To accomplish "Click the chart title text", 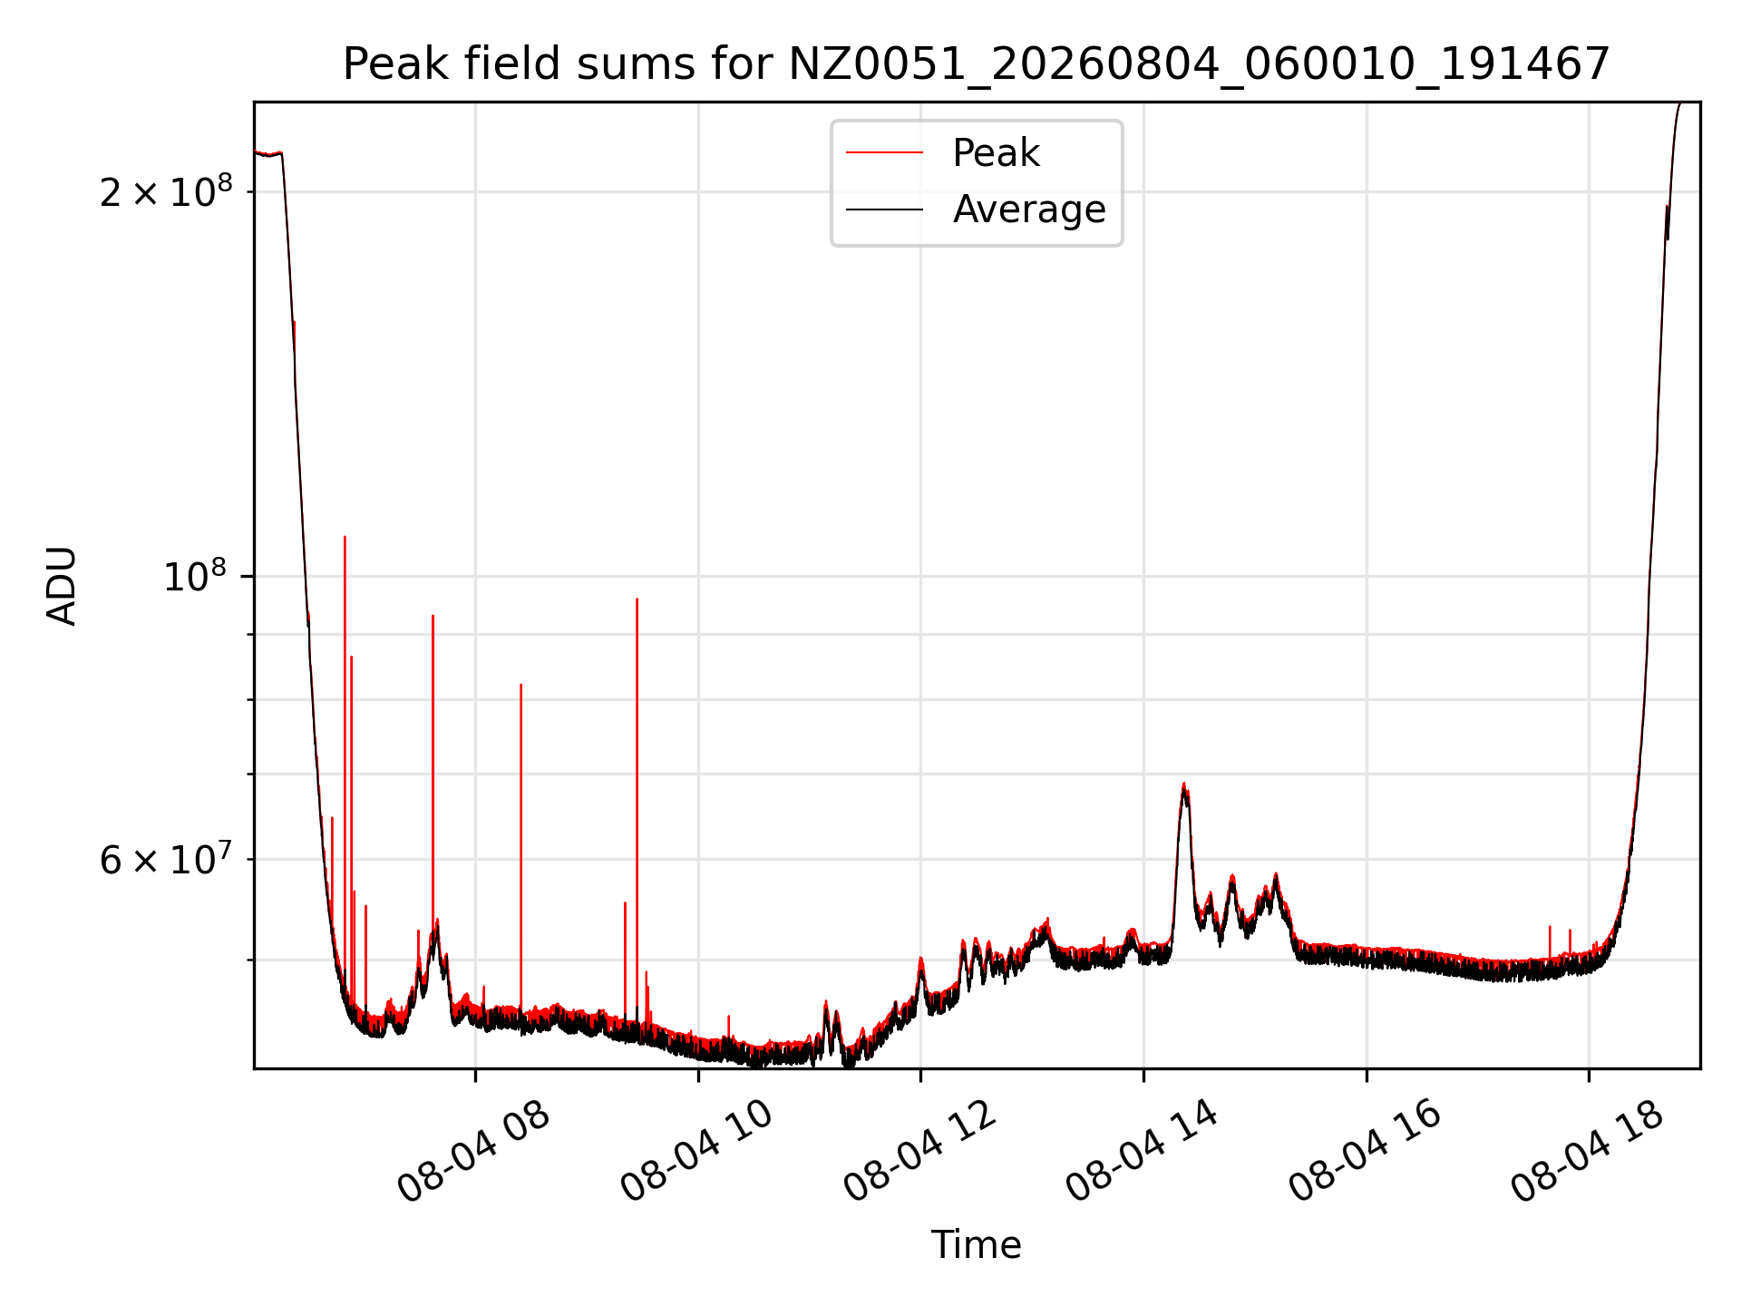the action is click(976, 64).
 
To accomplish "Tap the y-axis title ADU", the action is click(62, 586).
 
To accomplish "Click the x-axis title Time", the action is click(976, 1245).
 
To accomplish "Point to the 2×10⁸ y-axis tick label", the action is click(166, 191).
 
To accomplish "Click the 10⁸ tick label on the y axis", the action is click(198, 576).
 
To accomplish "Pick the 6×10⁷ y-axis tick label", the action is click(166, 859).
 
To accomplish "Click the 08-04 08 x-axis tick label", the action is click(473, 1150).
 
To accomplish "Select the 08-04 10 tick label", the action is click(696, 1150).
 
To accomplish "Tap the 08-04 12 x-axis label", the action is click(919, 1150).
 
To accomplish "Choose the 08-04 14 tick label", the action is click(1142, 1150).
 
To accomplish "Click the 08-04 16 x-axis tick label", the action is click(1365, 1150).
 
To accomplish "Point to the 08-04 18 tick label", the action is click(1588, 1150).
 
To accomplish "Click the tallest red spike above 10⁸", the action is click(345, 537).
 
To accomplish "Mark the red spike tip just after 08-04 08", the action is click(520, 685).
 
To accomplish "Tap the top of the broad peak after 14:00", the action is click(1183, 784).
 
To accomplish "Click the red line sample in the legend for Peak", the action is click(884, 153).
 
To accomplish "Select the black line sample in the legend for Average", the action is click(884, 210).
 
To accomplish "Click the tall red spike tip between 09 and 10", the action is click(637, 599).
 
